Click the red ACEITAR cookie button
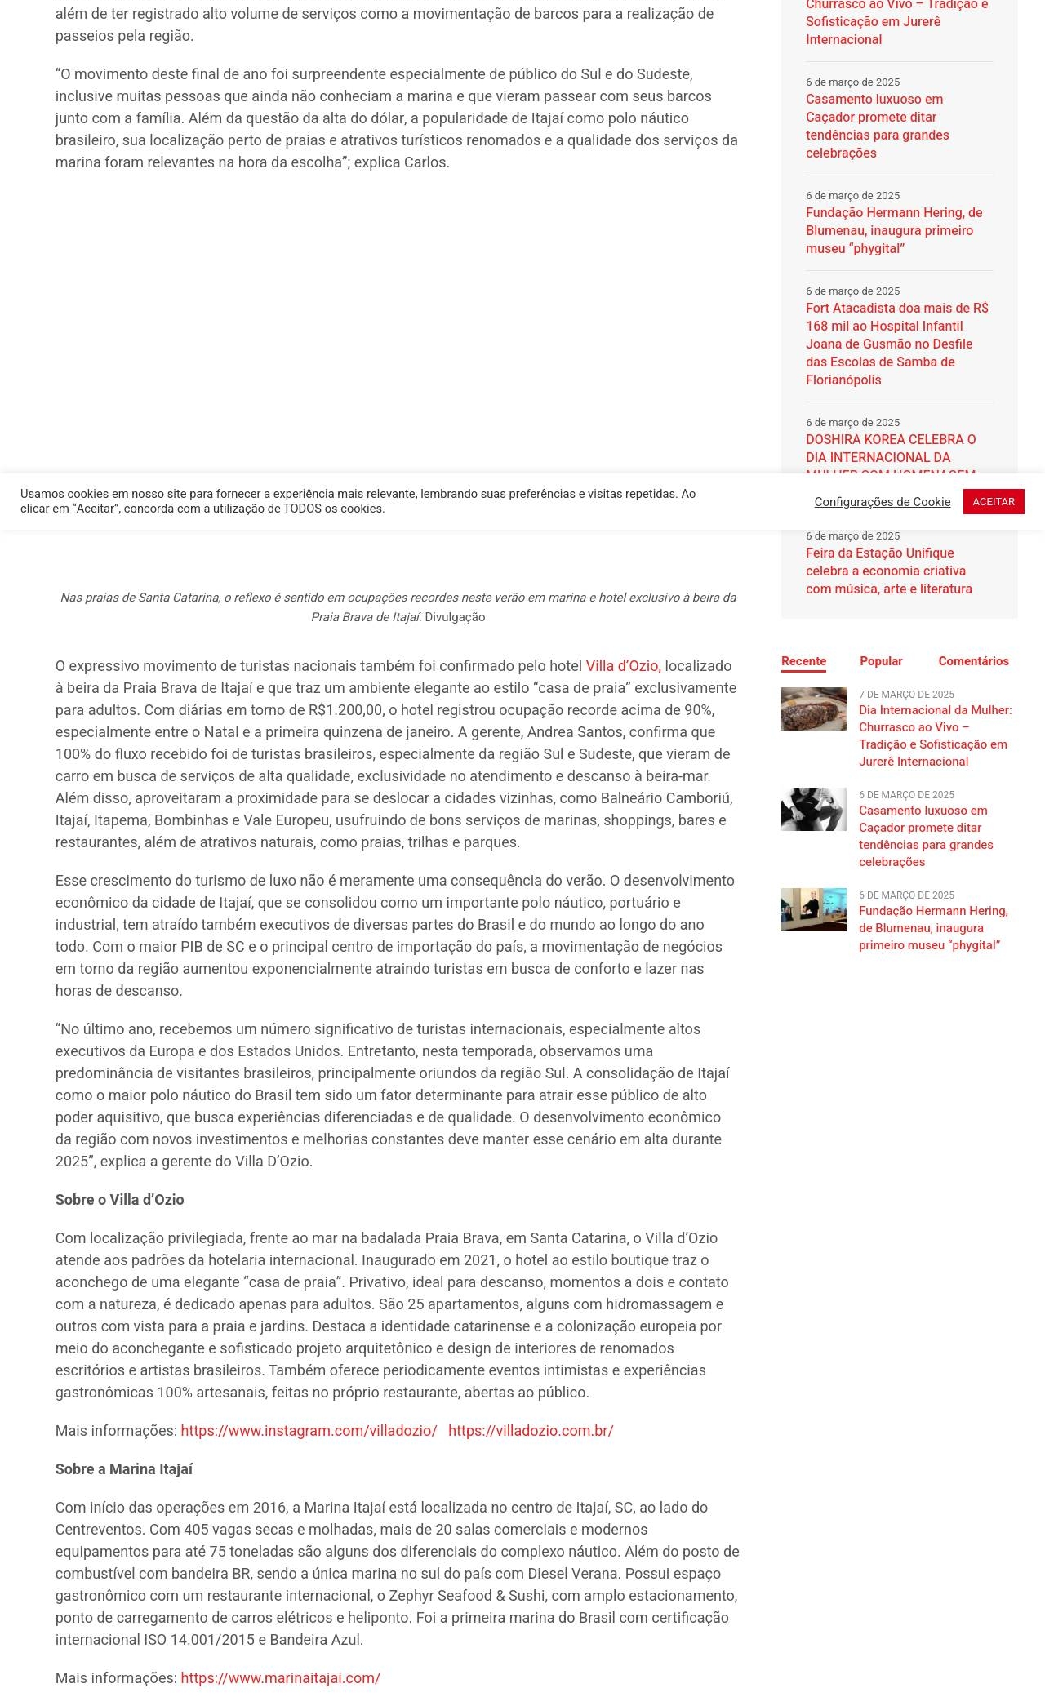pos(993,501)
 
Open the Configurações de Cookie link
pos(882,502)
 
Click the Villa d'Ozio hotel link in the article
pos(622,666)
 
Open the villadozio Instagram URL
pos(309,1430)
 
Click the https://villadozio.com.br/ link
pos(531,1430)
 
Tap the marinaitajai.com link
pos(280,1677)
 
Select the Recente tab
pos(803,661)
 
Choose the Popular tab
pos(881,661)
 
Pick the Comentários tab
pos(973,661)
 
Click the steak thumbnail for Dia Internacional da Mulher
pos(813,709)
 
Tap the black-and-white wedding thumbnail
pos(813,809)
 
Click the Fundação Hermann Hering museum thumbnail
pos(813,909)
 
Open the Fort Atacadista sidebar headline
pos(896,344)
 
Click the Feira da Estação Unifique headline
pos(888,571)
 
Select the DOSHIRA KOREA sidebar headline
pos(890,448)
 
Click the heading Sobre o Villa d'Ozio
pos(119,1199)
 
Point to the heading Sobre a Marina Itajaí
pos(123,1468)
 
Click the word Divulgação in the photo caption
pos(455,617)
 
